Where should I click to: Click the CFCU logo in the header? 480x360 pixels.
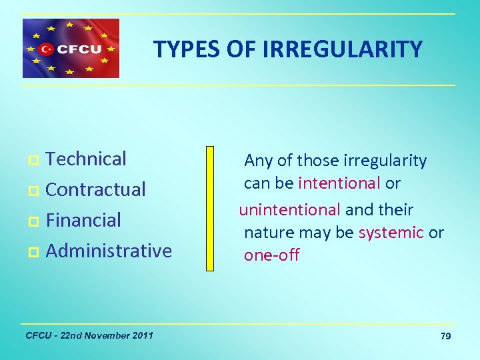(x=71, y=48)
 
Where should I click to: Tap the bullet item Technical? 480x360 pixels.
(x=86, y=159)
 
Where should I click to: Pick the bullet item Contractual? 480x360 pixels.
(x=95, y=189)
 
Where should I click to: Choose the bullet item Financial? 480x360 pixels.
(x=83, y=220)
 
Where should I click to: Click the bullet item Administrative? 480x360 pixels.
(x=109, y=251)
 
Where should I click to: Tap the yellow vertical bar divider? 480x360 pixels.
(x=210, y=209)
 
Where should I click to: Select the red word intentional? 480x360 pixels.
(x=339, y=183)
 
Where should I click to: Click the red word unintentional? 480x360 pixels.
(x=289, y=209)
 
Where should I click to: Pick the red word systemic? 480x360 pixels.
(x=391, y=232)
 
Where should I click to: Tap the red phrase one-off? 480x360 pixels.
(x=271, y=255)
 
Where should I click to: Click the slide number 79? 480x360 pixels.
(x=445, y=336)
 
